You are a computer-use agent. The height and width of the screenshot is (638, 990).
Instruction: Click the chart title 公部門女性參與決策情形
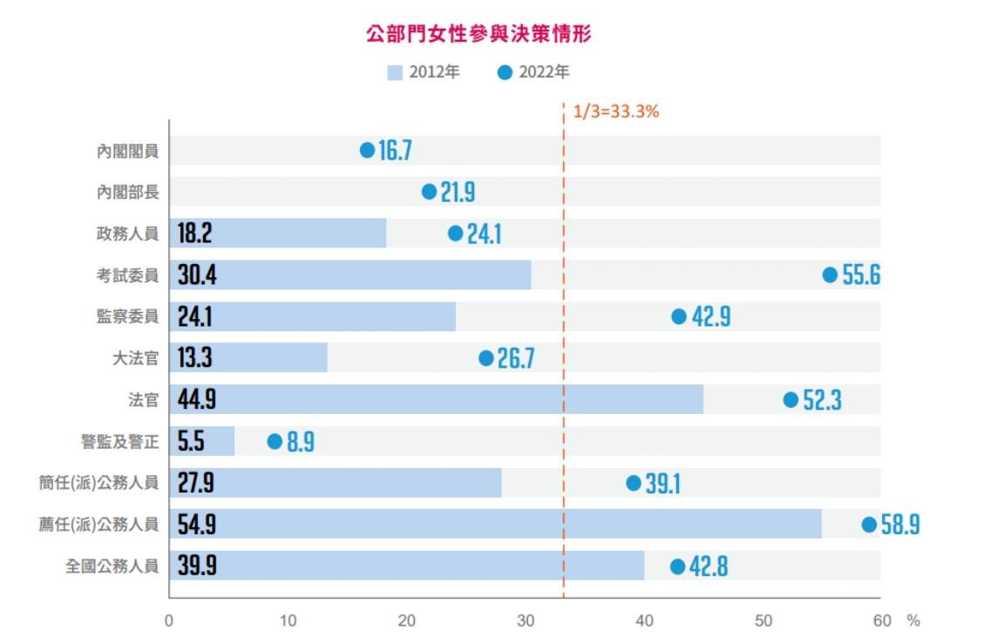[480, 35]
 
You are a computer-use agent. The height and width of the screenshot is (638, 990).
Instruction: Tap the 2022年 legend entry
[533, 72]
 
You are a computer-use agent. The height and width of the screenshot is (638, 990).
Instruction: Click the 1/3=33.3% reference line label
[615, 112]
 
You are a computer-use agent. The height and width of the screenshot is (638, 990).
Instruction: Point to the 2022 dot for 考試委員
[830, 275]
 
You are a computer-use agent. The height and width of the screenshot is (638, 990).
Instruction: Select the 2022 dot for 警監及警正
[275, 442]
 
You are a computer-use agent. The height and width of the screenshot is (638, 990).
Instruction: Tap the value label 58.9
[900, 525]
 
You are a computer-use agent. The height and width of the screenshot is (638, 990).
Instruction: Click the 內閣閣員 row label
[128, 151]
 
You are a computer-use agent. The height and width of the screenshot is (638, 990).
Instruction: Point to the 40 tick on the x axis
[645, 621]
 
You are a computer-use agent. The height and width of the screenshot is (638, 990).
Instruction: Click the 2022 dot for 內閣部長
[429, 192]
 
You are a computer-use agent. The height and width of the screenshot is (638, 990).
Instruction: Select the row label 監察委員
[128, 316]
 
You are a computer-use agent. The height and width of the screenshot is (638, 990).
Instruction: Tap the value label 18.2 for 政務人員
[195, 234]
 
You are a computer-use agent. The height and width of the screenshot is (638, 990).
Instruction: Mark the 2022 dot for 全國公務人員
[677, 567]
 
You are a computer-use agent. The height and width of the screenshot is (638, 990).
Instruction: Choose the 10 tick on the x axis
[288, 621]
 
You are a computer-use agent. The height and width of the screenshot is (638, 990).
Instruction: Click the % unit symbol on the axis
[912, 621]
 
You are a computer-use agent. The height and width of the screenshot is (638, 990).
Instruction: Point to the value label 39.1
[663, 484]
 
